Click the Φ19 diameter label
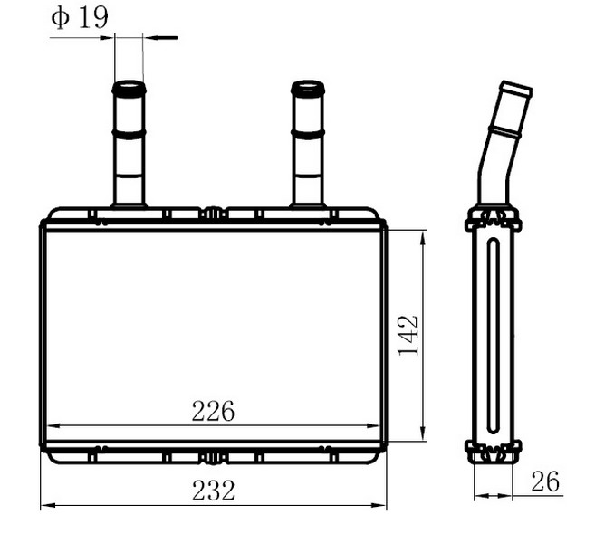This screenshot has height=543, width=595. [80, 17]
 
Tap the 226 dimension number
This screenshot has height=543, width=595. [213, 412]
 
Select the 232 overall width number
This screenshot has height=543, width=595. [213, 491]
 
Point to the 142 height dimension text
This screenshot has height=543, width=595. [408, 335]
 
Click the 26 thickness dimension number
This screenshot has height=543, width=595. [545, 481]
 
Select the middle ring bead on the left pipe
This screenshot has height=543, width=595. [129, 134]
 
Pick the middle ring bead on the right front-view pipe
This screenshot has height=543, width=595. [308, 134]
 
